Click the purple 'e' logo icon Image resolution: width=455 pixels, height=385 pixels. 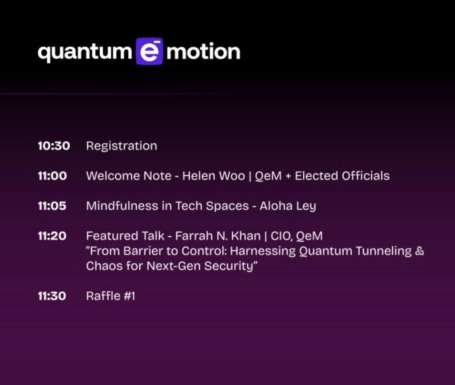[150, 51]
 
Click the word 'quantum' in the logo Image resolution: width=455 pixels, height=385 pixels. [85, 53]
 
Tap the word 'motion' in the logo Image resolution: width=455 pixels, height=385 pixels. [203, 51]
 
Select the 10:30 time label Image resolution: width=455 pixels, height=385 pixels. [54, 146]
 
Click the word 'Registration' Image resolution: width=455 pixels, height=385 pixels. [122, 146]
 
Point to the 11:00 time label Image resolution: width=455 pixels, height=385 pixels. [52, 176]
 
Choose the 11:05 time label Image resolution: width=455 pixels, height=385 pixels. [52, 206]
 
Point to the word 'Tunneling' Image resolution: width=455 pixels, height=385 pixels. [383, 251]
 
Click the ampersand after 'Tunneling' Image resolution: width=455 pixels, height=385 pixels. [419, 251]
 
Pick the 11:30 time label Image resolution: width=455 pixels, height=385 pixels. [52, 296]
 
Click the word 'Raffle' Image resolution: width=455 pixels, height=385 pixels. [103, 296]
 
